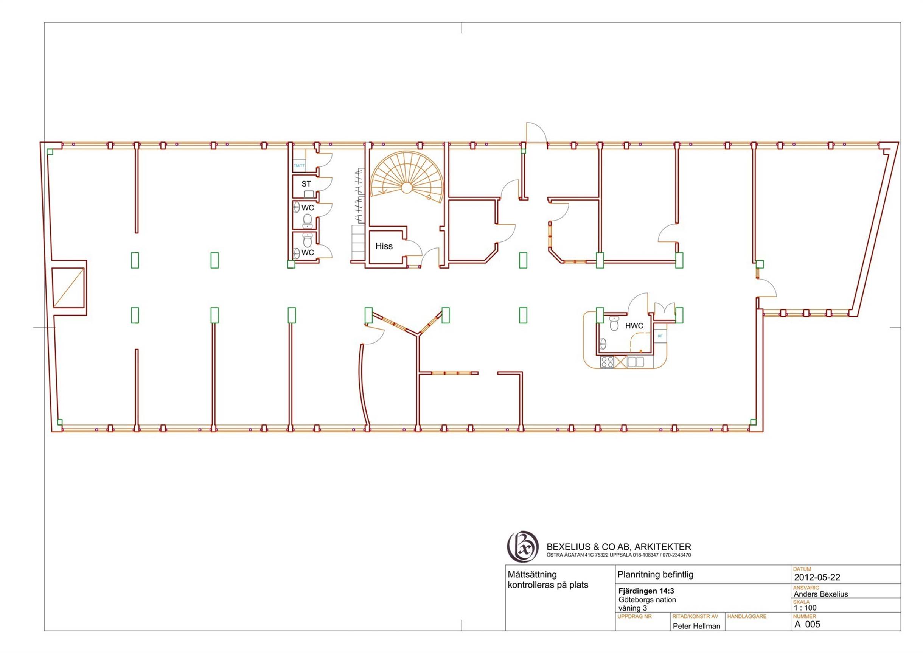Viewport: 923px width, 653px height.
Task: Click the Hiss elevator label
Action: [x=384, y=246]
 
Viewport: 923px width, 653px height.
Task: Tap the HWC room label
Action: [x=634, y=326]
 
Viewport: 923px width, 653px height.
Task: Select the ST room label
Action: [x=306, y=184]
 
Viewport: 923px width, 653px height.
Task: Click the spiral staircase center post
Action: [x=406, y=187]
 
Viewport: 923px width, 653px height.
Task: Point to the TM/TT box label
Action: [x=299, y=166]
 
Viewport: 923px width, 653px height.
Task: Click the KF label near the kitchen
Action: [x=660, y=336]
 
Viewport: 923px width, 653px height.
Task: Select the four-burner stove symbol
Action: [x=607, y=362]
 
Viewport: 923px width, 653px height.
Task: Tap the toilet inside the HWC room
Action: [x=614, y=323]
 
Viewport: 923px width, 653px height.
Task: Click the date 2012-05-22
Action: [x=817, y=577]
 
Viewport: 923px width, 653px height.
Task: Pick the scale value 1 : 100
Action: [x=805, y=608]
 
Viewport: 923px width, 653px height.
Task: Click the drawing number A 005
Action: [x=807, y=625]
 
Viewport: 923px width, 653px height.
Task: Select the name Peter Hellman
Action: [x=696, y=626]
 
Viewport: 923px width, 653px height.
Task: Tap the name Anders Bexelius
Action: [x=820, y=594]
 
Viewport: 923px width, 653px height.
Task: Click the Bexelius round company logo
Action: [x=522, y=546]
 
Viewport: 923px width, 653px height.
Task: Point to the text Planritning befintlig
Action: [x=655, y=575]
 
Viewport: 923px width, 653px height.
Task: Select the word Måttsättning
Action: [x=532, y=575]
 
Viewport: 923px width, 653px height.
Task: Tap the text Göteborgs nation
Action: [x=647, y=600]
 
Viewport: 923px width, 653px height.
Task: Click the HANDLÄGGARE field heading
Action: [x=746, y=616]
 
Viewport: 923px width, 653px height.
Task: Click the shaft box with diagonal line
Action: [x=68, y=288]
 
